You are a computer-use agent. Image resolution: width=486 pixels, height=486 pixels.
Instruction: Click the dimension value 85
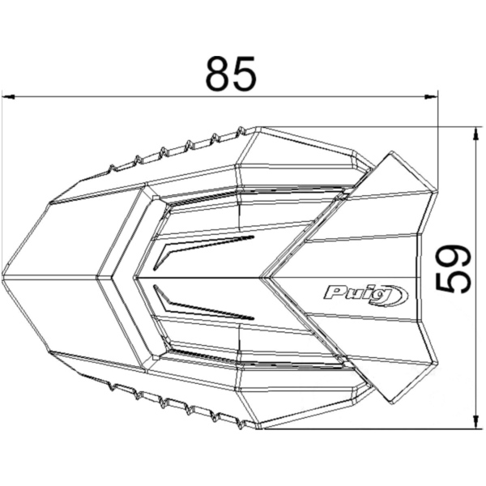click(231, 74)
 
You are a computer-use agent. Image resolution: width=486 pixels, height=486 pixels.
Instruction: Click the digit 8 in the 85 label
click(217, 74)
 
